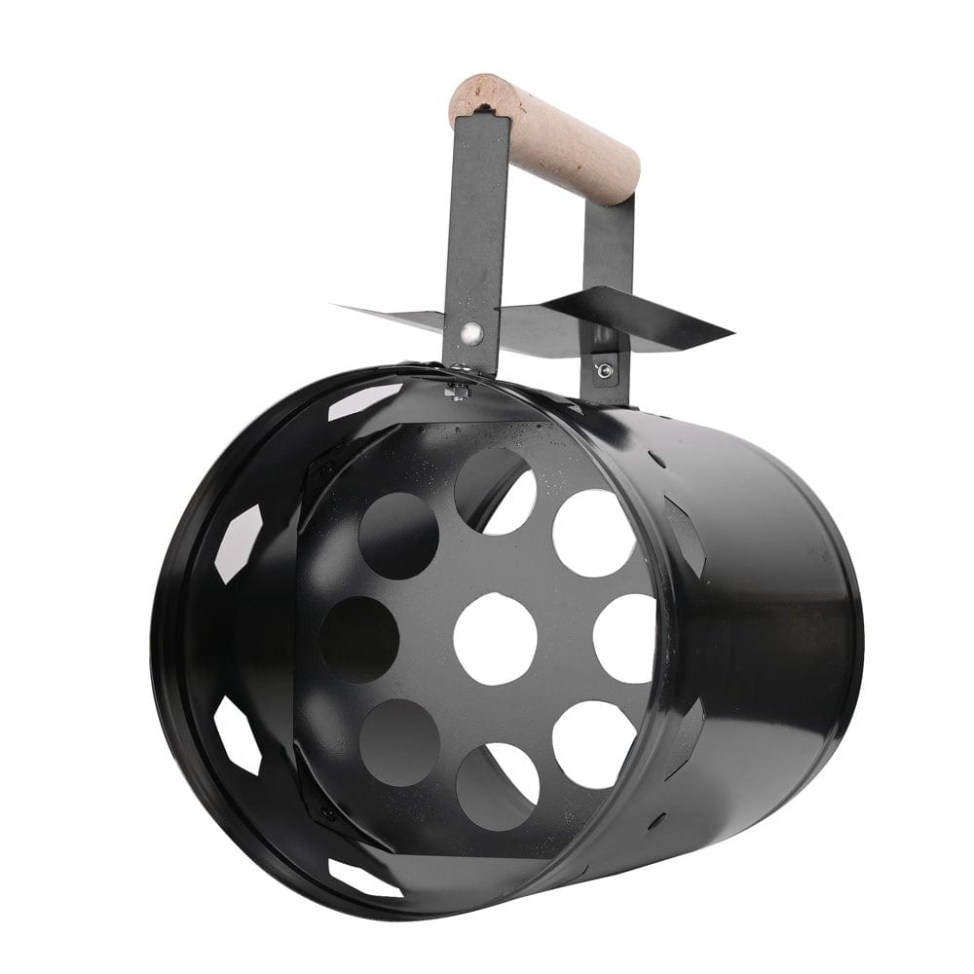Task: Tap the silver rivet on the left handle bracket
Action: pyautogui.click(x=470, y=334)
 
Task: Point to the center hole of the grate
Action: pyautogui.click(x=495, y=638)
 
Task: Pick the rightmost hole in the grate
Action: pyautogui.click(x=624, y=638)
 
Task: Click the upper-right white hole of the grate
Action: pyautogui.click(x=593, y=532)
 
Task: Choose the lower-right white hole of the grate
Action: pyautogui.click(x=595, y=744)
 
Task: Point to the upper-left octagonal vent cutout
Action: pyautogui.click(x=238, y=542)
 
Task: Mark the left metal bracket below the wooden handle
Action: pyautogui.click(x=468, y=243)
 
